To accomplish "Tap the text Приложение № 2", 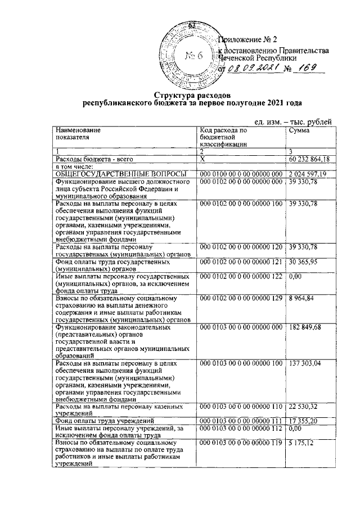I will tap(248, 40).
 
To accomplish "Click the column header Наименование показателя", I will tap(73, 134).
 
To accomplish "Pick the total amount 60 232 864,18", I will tap(309, 160).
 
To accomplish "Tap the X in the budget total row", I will tap(201, 160).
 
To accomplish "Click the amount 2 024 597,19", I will tap(309, 175).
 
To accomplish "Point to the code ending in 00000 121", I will tap(240, 262).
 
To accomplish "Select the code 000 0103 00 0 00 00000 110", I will tap(240, 407).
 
